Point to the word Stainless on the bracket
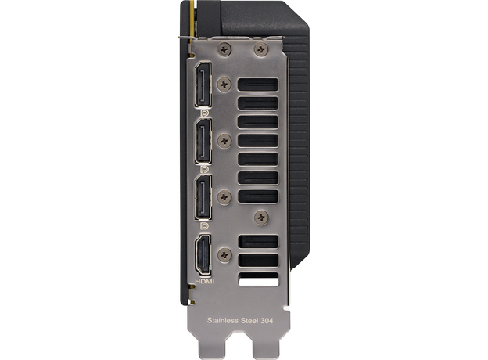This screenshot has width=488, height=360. pos(225,320)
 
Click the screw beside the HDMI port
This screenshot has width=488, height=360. pos(225,254)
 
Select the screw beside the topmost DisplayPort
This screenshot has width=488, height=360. pos(225,81)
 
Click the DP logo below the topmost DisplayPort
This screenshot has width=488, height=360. pos(203,114)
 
